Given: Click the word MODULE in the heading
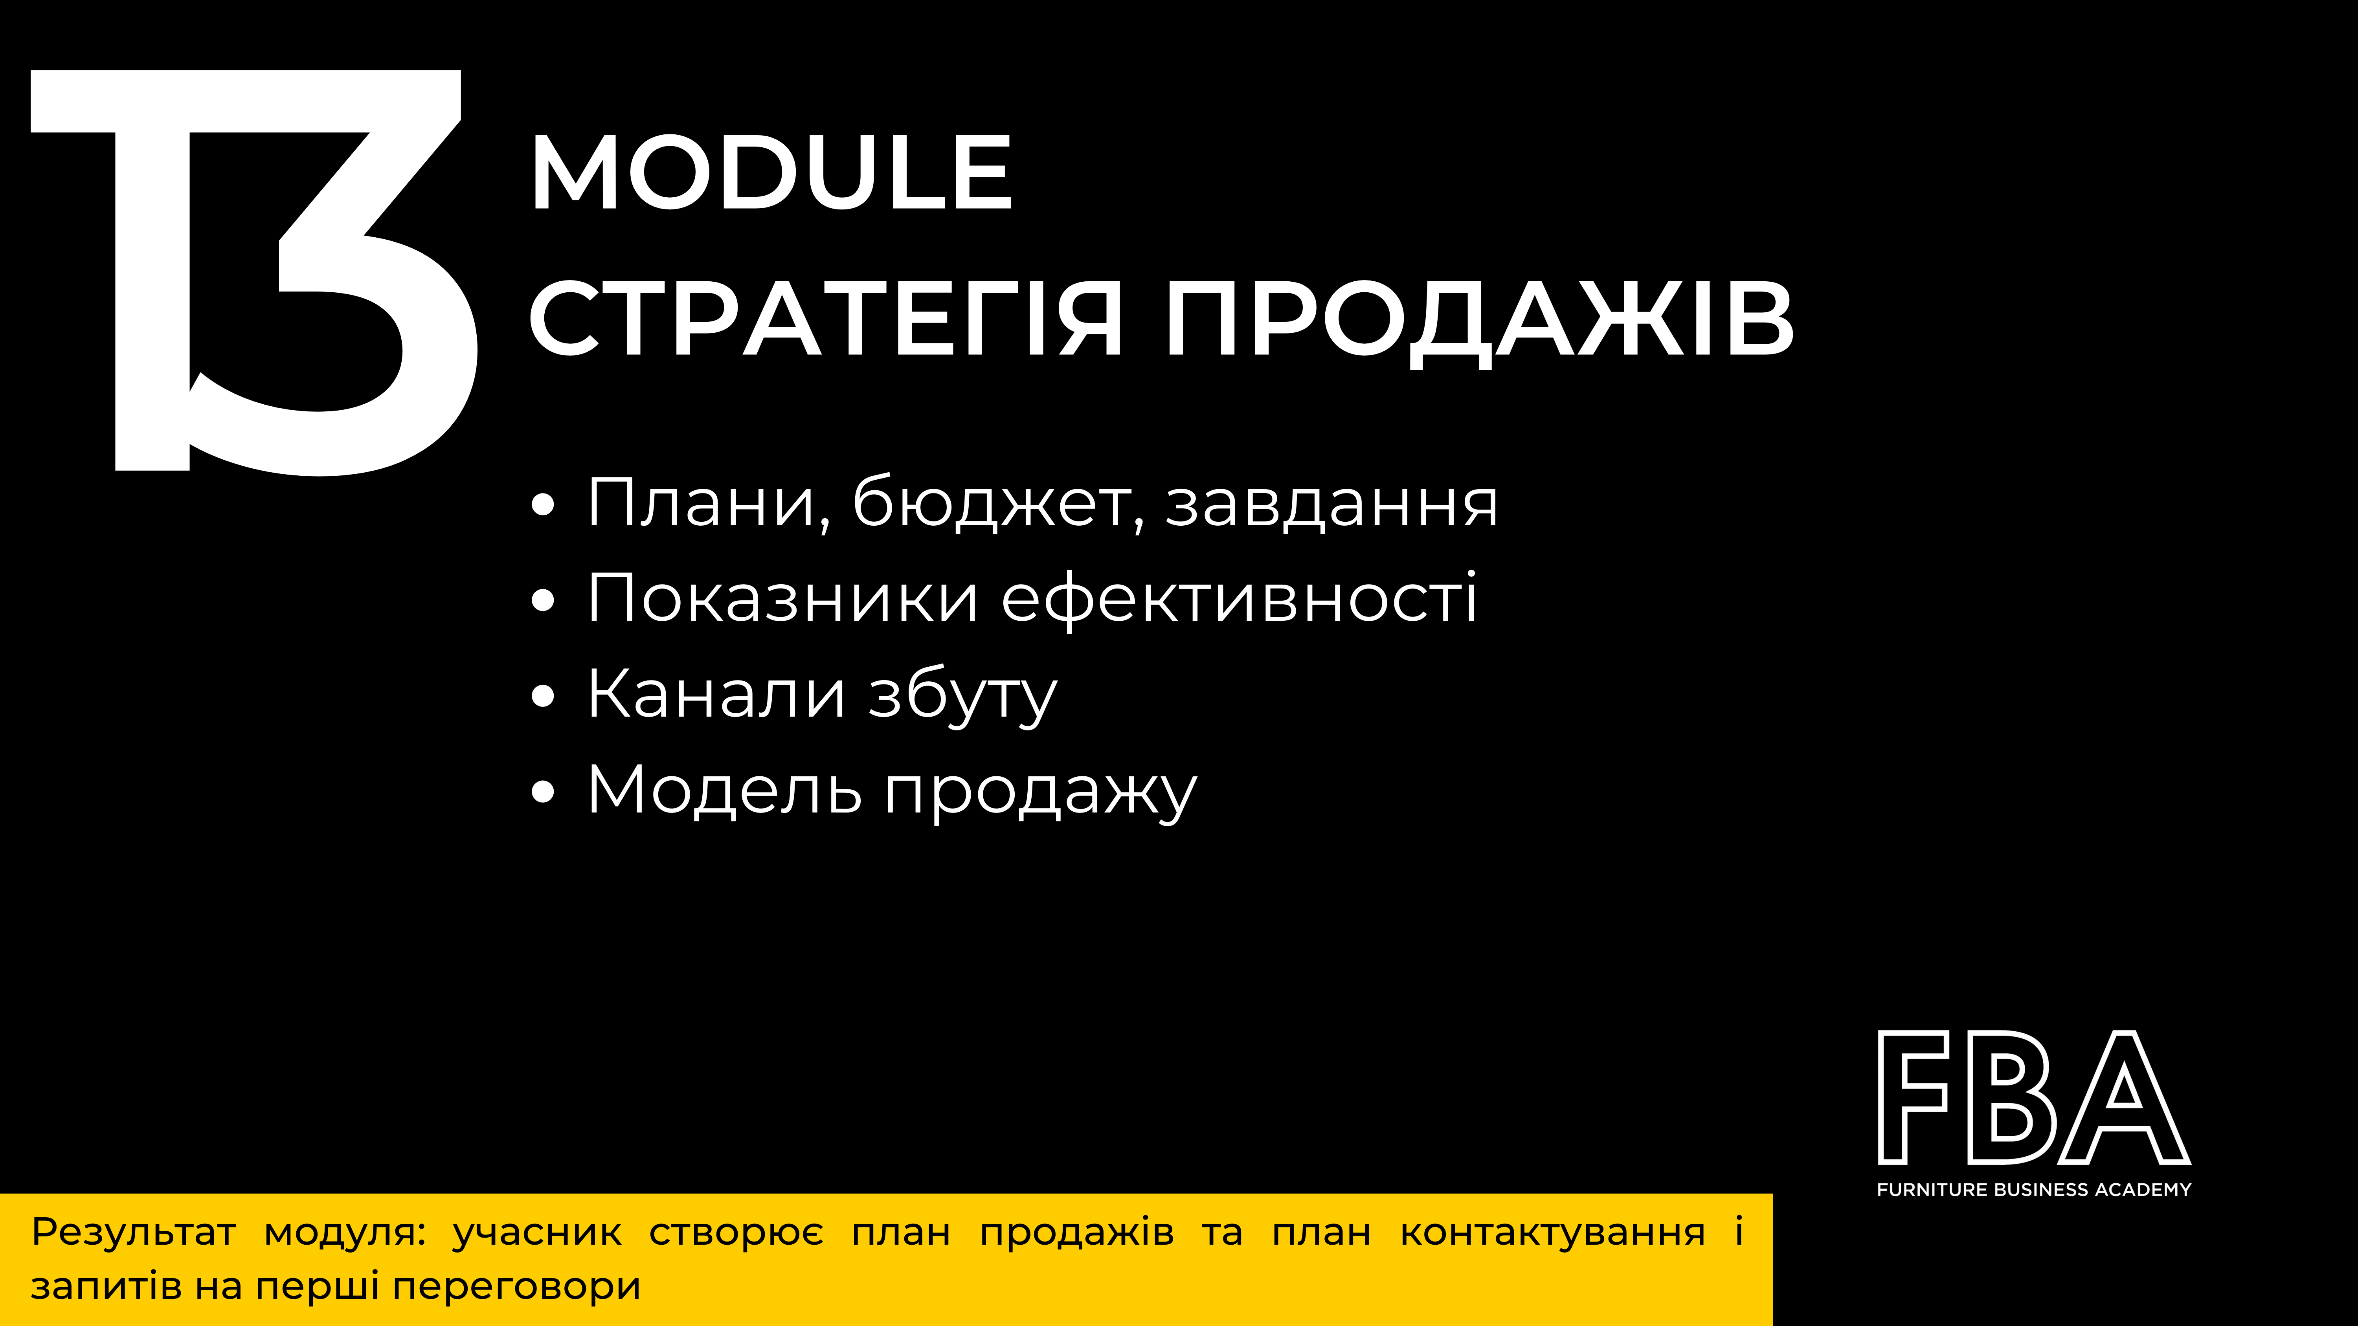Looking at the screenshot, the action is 771,172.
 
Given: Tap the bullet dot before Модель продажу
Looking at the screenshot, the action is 543,792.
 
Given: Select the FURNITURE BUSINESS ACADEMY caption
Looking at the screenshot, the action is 2034,1190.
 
